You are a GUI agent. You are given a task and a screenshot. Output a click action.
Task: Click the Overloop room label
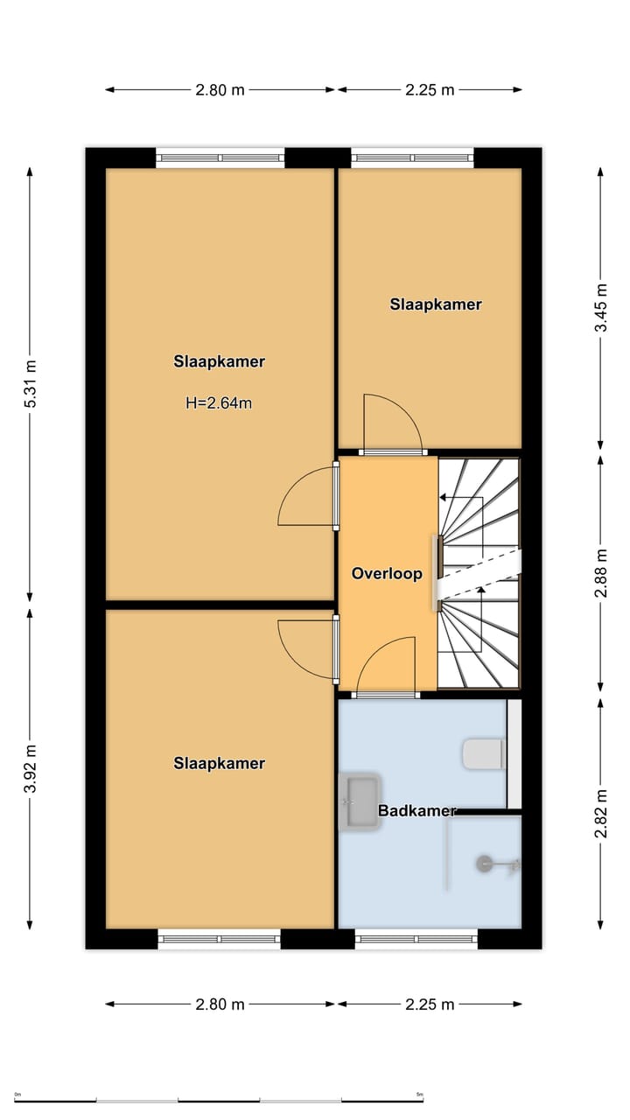click(x=387, y=573)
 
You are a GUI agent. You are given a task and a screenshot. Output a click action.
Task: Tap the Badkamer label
click(x=417, y=810)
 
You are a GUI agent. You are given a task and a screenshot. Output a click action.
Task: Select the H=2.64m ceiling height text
click(x=219, y=403)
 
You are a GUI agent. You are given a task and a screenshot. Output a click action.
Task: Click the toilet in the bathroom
click(x=483, y=754)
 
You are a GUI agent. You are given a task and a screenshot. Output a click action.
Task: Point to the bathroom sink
click(x=360, y=801)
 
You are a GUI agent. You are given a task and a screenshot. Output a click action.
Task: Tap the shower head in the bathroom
click(x=484, y=864)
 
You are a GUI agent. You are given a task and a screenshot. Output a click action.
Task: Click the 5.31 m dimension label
click(x=31, y=383)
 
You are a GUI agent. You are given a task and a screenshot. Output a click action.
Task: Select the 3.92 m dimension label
click(x=31, y=768)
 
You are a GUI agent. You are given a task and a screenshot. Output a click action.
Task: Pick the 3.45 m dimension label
click(x=600, y=307)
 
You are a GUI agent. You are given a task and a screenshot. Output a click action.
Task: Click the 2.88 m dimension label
click(x=600, y=573)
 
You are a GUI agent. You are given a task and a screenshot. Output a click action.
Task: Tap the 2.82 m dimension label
click(x=600, y=813)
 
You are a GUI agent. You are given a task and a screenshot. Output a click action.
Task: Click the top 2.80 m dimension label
click(x=220, y=90)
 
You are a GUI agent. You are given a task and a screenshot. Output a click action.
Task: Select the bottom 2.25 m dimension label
click(x=430, y=1004)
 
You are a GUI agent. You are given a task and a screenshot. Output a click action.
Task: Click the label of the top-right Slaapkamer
click(x=436, y=304)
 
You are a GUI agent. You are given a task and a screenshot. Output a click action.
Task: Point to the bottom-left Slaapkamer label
click(x=219, y=764)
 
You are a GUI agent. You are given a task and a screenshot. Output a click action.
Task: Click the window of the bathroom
click(x=416, y=939)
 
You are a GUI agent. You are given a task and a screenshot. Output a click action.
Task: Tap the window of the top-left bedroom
click(x=220, y=158)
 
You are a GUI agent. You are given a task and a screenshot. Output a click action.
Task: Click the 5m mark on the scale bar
click(x=419, y=1095)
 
